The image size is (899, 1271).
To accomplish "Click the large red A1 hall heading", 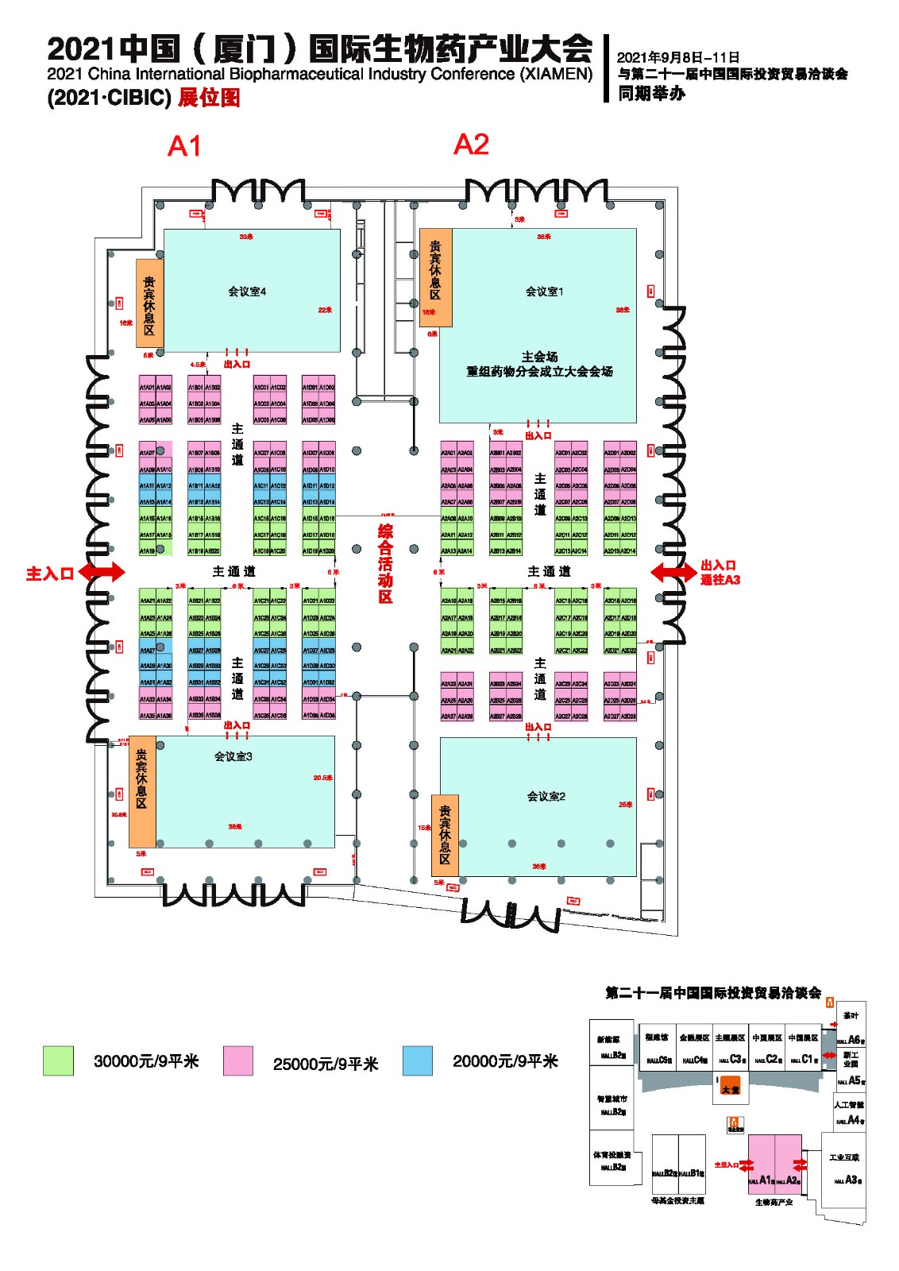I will point(184,146).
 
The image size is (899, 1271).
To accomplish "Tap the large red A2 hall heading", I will point(471,145).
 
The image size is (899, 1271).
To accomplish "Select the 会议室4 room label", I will point(247,292).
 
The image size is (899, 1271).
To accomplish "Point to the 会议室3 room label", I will point(233,756).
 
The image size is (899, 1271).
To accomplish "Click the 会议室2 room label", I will point(546,796).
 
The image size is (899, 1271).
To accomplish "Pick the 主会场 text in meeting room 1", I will point(539,357).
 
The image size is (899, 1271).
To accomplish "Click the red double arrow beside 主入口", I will point(102,571).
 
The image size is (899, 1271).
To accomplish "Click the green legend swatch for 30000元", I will point(59,1060).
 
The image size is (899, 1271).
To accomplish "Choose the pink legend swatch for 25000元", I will point(238,1060).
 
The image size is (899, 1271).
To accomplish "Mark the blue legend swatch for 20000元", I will point(418,1060).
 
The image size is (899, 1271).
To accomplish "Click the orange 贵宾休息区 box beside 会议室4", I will point(149,303).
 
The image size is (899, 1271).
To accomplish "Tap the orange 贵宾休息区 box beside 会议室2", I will point(445,836).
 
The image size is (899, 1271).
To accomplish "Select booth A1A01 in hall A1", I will point(147,388).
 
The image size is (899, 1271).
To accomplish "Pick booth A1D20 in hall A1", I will point(327,551).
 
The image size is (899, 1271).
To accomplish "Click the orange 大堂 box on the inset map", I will point(730,1085).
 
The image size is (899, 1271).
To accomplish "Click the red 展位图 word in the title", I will point(209,98).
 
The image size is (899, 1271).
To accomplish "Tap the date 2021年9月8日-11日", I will point(678,57).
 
